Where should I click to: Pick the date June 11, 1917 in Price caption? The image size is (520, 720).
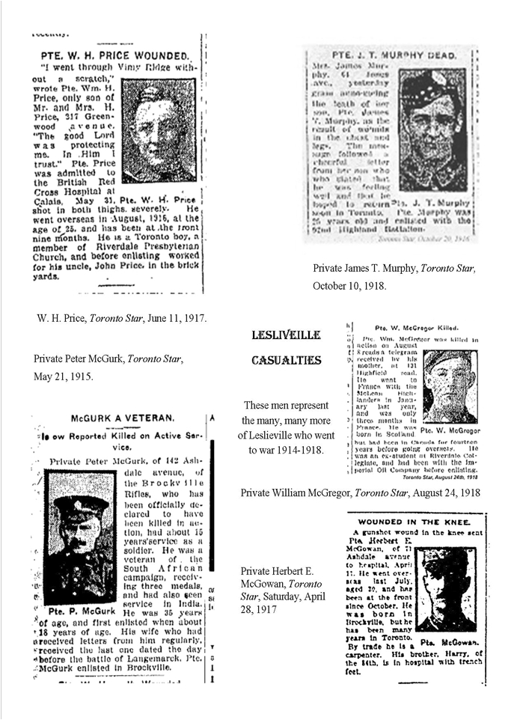tap(174, 318)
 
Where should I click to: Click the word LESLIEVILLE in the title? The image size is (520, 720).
tap(287, 335)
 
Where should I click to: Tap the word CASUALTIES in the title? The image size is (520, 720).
tap(287, 361)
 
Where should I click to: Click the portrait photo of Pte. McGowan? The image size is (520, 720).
tap(447, 590)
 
